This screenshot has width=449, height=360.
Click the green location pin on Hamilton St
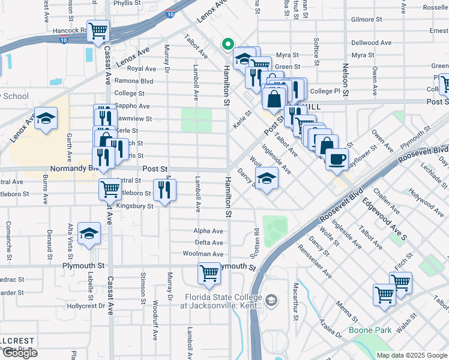click(228, 44)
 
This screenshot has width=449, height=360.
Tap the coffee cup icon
click(337, 158)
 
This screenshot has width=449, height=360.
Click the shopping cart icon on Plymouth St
click(209, 274)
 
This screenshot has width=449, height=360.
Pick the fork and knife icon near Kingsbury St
click(164, 190)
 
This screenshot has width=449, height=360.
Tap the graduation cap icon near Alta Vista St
click(89, 233)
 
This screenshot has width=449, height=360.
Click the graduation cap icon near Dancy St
click(267, 178)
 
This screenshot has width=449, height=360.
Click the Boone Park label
click(371, 330)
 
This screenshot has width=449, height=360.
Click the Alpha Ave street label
click(208, 231)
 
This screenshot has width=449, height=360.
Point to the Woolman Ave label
click(203, 254)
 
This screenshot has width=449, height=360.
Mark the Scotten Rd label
click(256, 237)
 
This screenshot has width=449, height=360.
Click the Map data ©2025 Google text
click(411, 355)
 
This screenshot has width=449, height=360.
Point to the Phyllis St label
click(126, 3)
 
